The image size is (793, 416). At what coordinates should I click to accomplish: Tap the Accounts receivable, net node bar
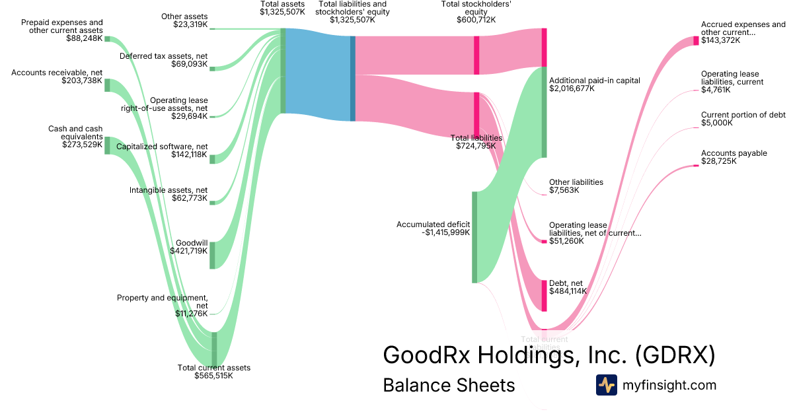(107, 85)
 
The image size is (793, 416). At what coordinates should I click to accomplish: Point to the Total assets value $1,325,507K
(283, 11)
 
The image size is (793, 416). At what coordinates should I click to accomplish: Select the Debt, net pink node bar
(544, 295)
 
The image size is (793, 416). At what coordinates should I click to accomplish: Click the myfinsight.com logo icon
(606, 385)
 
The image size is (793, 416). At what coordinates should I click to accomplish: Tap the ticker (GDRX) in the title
(675, 355)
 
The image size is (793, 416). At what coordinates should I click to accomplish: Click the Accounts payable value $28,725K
(718, 161)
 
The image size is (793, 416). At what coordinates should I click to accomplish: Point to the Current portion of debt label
(743, 114)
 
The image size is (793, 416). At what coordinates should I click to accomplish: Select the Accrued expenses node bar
(696, 41)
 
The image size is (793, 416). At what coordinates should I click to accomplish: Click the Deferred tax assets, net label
(163, 56)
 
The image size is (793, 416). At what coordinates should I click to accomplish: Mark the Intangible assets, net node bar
(213, 203)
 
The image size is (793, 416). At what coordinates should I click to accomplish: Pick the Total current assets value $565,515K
(213, 376)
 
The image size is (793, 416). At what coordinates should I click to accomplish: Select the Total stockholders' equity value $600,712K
(476, 20)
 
